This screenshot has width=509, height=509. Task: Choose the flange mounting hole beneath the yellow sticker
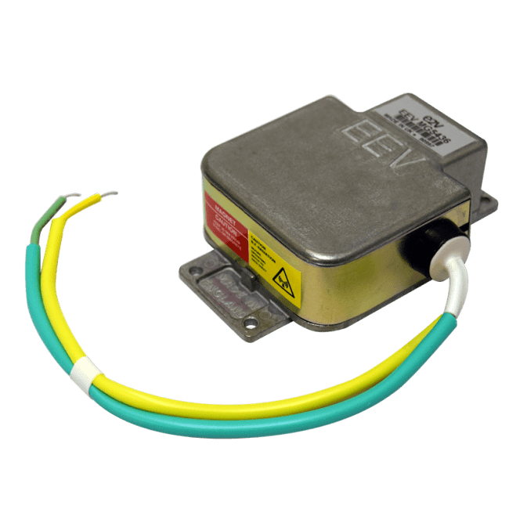pyautogui.click(x=249, y=323)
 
